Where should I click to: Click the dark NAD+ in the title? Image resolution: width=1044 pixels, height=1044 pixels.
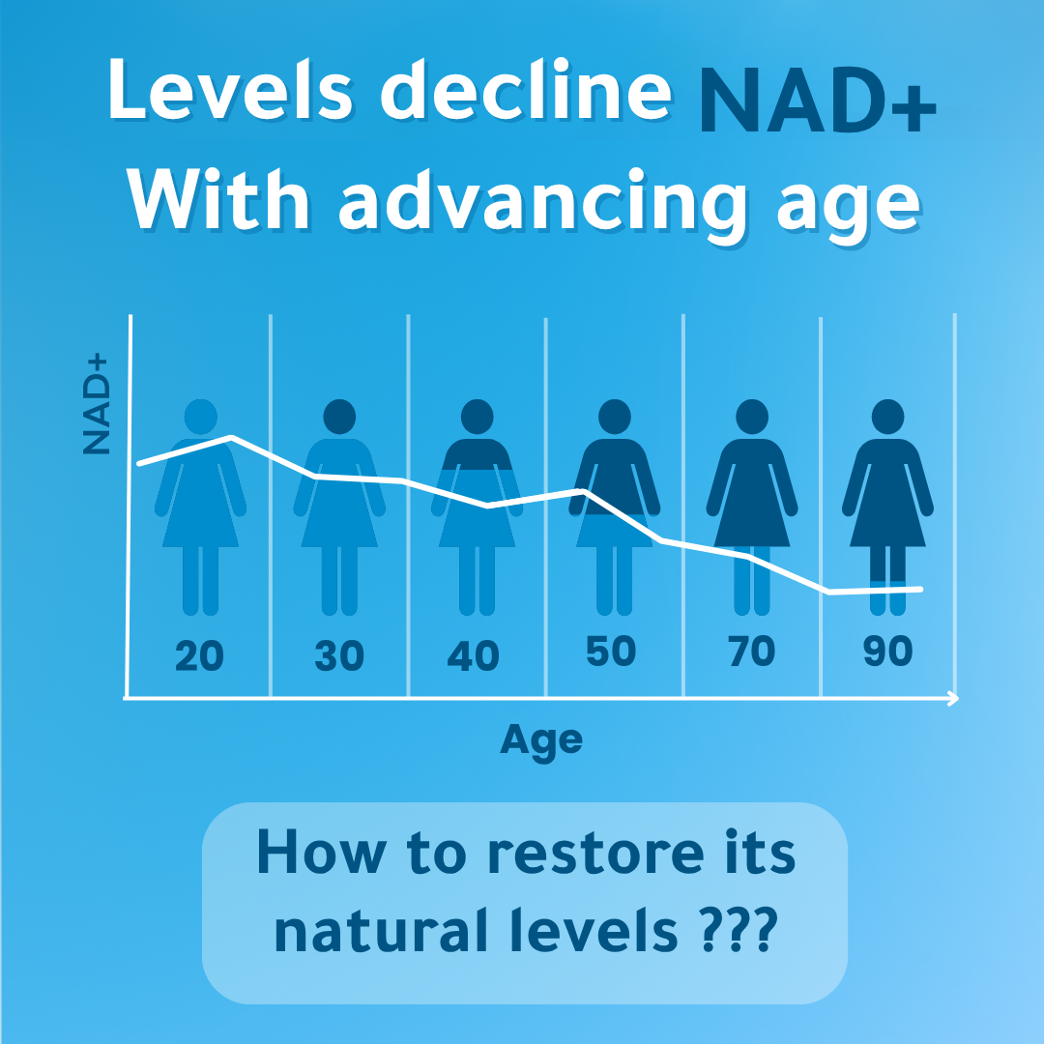[x=817, y=100]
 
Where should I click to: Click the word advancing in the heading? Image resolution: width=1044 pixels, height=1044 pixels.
[x=544, y=202]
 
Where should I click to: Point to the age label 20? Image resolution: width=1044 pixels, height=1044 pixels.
[x=200, y=655]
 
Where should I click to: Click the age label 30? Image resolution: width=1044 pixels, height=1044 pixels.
[x=339, y=655]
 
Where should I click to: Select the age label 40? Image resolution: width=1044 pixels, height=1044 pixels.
[x=474, y=655]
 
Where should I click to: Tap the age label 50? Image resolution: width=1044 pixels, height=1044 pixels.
[x=611, y=651]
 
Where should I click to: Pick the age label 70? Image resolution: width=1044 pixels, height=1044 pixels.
[x=752, y=651]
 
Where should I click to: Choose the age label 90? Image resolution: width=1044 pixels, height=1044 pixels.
[x=888, y=651]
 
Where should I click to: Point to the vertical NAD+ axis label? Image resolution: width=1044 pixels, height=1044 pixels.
[x=95, y=404]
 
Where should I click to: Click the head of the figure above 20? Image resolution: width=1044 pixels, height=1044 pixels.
[x=201, y=417]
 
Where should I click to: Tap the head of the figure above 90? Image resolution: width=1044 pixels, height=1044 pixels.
[x=887, y=417]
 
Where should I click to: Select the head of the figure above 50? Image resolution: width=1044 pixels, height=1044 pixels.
[x=615, y=417]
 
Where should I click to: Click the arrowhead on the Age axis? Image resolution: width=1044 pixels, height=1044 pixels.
[x=953, y=699]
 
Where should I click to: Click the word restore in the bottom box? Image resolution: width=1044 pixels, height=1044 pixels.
[x=595, y=853]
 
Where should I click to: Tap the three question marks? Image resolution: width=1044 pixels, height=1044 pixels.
[x=739, y=929]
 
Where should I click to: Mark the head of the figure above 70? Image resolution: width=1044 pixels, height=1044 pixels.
[x=752, y=417]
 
